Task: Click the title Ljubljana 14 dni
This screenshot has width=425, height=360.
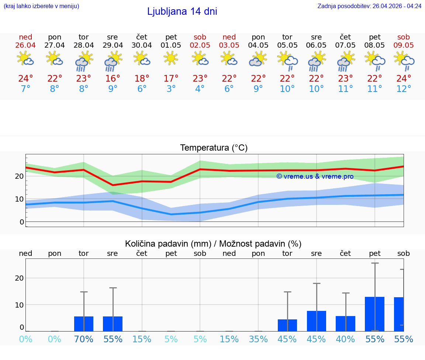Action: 182,11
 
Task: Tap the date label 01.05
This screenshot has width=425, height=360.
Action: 171,45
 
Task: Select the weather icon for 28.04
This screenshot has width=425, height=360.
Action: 84,61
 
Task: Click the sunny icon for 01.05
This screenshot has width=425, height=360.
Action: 171,58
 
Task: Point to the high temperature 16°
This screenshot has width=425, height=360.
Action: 113,79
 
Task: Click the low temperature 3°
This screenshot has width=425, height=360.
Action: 171,89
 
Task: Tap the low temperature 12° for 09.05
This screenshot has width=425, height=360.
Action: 404,89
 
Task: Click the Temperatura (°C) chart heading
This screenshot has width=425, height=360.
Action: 214,148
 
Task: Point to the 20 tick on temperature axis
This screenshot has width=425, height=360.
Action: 19,176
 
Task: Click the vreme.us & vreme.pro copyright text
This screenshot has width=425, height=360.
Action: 315,176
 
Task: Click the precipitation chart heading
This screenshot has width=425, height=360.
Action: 213,244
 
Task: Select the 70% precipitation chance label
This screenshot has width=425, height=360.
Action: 84,339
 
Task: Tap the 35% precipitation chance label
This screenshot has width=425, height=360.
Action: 258,339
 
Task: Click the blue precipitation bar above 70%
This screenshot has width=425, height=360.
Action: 84,324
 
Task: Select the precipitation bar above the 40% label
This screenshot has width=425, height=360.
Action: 345,323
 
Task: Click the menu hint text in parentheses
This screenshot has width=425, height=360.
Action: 41,6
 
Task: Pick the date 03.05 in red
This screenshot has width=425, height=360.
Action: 229,45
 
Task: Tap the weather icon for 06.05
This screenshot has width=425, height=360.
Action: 316,61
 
